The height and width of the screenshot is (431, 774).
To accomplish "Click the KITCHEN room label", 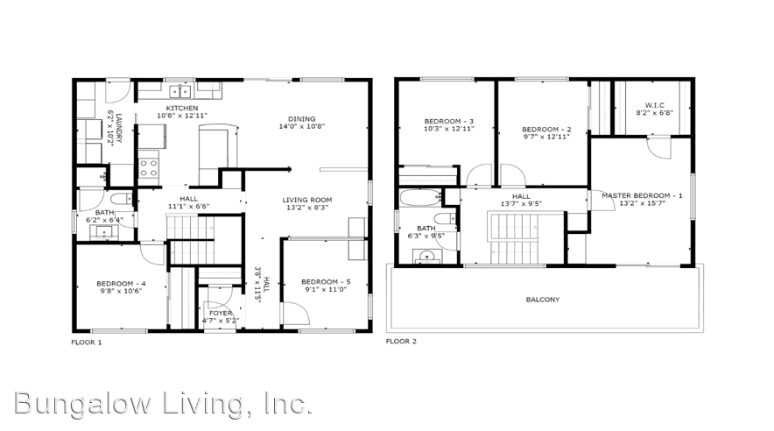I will (x=182, y=108).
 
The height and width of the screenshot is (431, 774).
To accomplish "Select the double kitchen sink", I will (x=181, y=90).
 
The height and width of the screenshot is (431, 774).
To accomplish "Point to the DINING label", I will (x=302, y=118).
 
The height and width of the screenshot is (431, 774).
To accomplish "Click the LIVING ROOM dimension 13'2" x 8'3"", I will (x=306, y=208).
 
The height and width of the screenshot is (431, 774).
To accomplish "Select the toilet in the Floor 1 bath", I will (x=121, y=198).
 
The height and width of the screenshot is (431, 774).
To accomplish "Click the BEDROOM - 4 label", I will (x=121, y=284).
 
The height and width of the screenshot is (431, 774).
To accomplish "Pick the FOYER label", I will (x=220, y=313).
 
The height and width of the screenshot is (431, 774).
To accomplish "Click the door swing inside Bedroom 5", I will (x=293, y=314).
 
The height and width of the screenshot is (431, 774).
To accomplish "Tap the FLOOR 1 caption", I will (x=87, y=342).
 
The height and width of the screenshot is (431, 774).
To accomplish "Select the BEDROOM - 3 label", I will (x=448, y=121).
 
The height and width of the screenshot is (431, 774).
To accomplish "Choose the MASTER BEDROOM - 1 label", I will (x=643, y=195).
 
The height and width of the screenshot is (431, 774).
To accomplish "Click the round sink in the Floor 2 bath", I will (x=426, y=257).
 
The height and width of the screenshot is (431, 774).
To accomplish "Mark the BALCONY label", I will (x=542, y=300).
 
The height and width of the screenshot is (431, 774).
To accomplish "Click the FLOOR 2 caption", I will (x=401, y=342).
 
